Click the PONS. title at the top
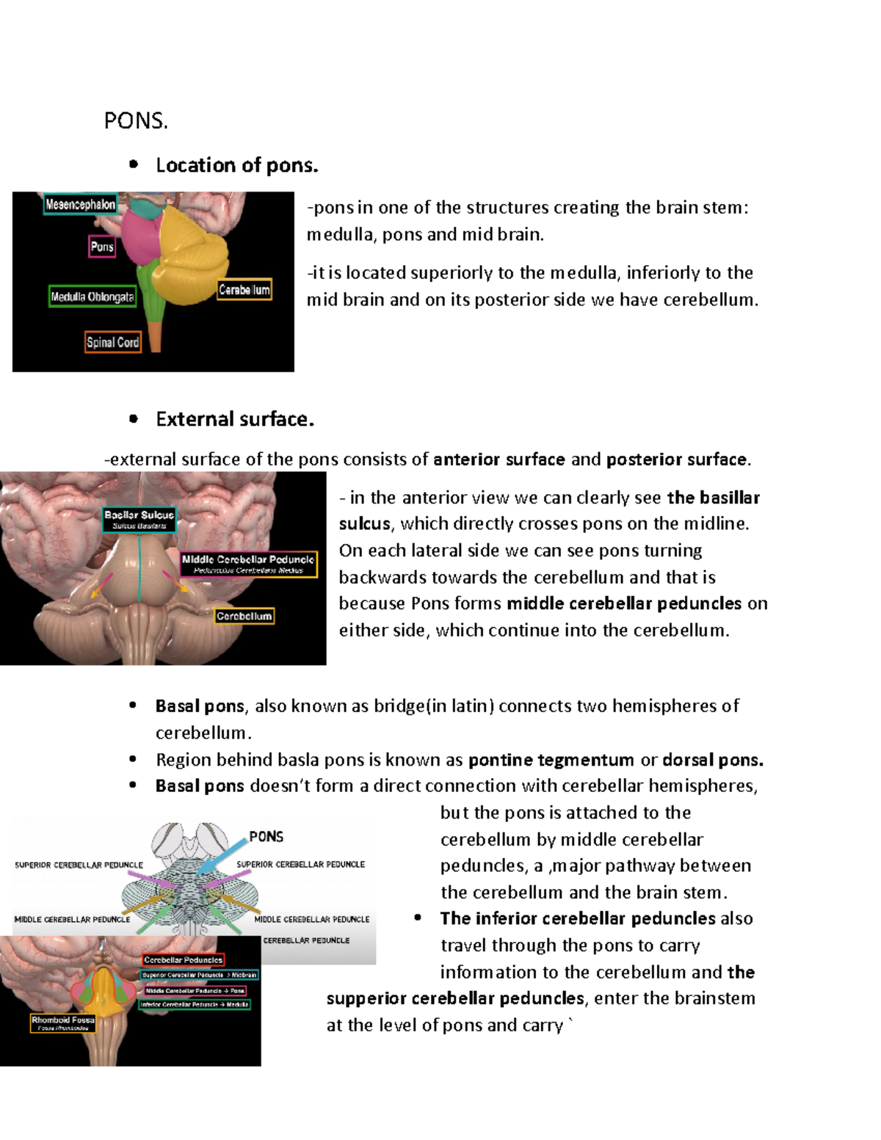(x=136, y=121)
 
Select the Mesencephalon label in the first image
(x=80, y=205)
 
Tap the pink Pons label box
(x=102, y=247)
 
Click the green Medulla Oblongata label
(x=92, y=297)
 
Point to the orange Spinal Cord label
(x=112, y=342)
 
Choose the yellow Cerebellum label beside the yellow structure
(x=244, y=290)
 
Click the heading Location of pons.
(x=236, y=166)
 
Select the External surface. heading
(x=234, y=419)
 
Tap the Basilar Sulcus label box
(x=139, y=519)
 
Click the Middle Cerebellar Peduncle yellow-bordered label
(x=248, y=564)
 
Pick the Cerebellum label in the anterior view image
(x=244, y=616)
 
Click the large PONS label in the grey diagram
(x=266, y=837)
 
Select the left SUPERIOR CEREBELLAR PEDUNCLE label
(x=79, y=865)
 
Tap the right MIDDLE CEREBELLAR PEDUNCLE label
(x=311, y=919)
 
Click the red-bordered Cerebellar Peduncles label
(x=183, y=959)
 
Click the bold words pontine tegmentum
(x=551, y=760)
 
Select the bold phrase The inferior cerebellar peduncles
(x=577, y=919)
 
